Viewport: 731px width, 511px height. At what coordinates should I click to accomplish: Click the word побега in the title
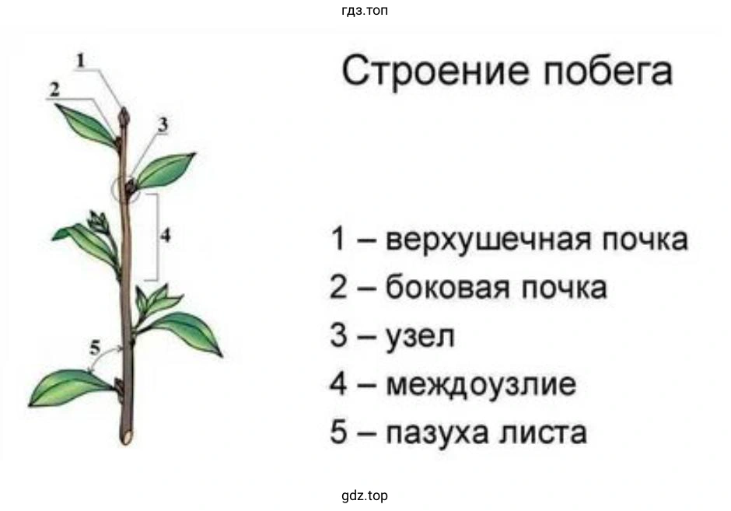608,71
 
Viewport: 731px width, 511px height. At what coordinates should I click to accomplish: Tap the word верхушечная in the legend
488,240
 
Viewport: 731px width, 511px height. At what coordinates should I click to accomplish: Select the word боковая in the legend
448,288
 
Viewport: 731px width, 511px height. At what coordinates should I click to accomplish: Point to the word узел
420,337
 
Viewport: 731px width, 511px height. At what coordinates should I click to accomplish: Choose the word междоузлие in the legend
481,385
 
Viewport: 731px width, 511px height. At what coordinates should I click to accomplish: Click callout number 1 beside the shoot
81,61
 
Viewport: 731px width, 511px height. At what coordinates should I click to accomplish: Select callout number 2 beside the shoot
55,89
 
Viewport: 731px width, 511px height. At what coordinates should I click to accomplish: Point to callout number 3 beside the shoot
163,124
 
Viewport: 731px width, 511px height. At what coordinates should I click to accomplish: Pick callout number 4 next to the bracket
166,236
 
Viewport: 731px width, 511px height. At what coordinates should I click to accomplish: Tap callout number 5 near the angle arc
95,348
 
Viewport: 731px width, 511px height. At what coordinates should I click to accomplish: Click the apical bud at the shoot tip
124,117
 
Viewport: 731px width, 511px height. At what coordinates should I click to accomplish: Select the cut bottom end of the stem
127,437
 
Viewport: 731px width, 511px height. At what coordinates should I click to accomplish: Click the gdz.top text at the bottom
365,495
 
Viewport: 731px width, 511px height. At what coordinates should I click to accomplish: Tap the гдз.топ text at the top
365,10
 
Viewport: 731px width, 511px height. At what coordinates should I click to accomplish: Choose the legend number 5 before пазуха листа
338,432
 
